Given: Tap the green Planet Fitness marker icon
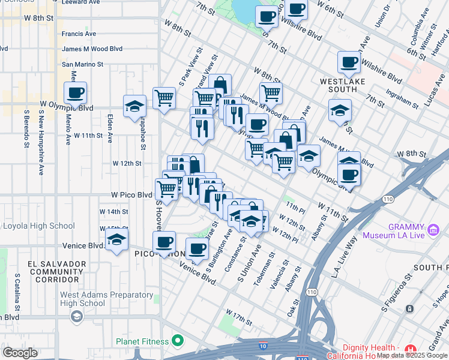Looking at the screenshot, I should pyautogui.click(x=177, y=341).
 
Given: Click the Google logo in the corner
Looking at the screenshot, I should pyautogui.click(x=20, y=353).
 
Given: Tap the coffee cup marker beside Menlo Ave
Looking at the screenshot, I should pyautogui.click(x=76, y=94).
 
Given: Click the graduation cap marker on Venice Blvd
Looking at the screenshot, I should pyautogui.click(x=116, y=241).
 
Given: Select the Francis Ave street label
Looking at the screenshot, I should pyautogui.click(x=79, y=34).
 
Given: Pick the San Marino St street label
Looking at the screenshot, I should pyautogui.click(x=83, y=64).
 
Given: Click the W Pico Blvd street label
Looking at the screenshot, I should pyautogui.click(x=131, y=195).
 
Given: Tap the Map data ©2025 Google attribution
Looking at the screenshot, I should pyautogui.click(x=412, y=355).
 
